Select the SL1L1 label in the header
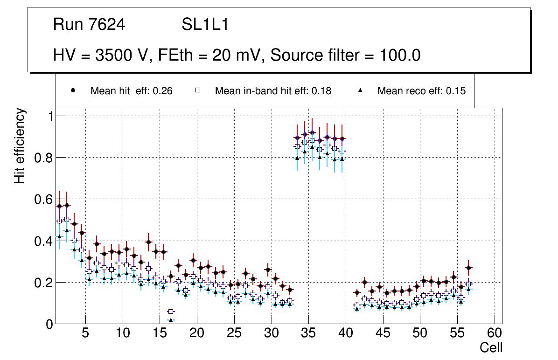tap(205, 24)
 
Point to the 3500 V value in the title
tap(118, 55)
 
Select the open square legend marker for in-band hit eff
tap(198, 90)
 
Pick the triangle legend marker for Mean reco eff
tap(360, 90)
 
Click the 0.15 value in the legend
tap(456, 91)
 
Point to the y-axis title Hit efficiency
tap(20, 145)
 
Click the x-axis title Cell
tap(491, 347)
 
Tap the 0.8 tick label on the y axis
tap(43, 158)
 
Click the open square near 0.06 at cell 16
tap(171, 312)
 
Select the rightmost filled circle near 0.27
tap(468, 268)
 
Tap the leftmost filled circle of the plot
tap(59, 206)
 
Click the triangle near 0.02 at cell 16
tap(171, 320)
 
